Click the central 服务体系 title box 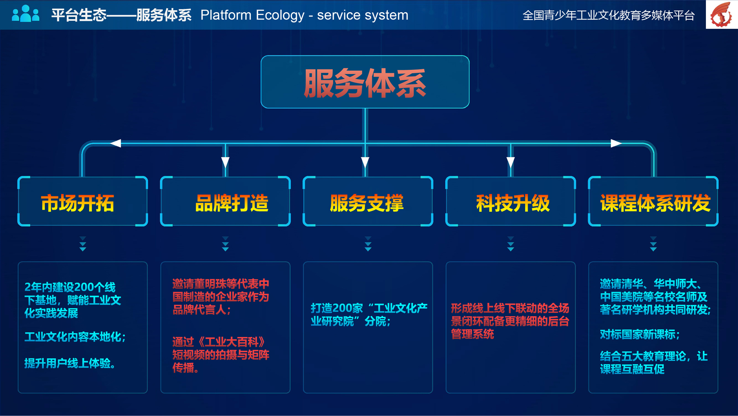pos(365,82)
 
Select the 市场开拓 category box pos(83,201)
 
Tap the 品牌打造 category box pos(225,201)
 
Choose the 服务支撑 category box pos(368,201)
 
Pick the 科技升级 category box pos(511,201)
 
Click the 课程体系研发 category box pos(653,201)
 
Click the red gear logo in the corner pos(722,14)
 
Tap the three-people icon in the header pos(25,14)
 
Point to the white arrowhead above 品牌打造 pos(225,163)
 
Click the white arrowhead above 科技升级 pos(511,163)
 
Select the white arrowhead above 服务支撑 pos(365,163)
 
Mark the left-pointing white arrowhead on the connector pos(115,143)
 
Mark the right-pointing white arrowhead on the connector pos(616,143)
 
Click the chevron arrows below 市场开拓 pos(83,244)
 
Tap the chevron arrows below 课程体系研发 pos(653,244)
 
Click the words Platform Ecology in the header pos(253,15)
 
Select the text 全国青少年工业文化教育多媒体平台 pos(609,16)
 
